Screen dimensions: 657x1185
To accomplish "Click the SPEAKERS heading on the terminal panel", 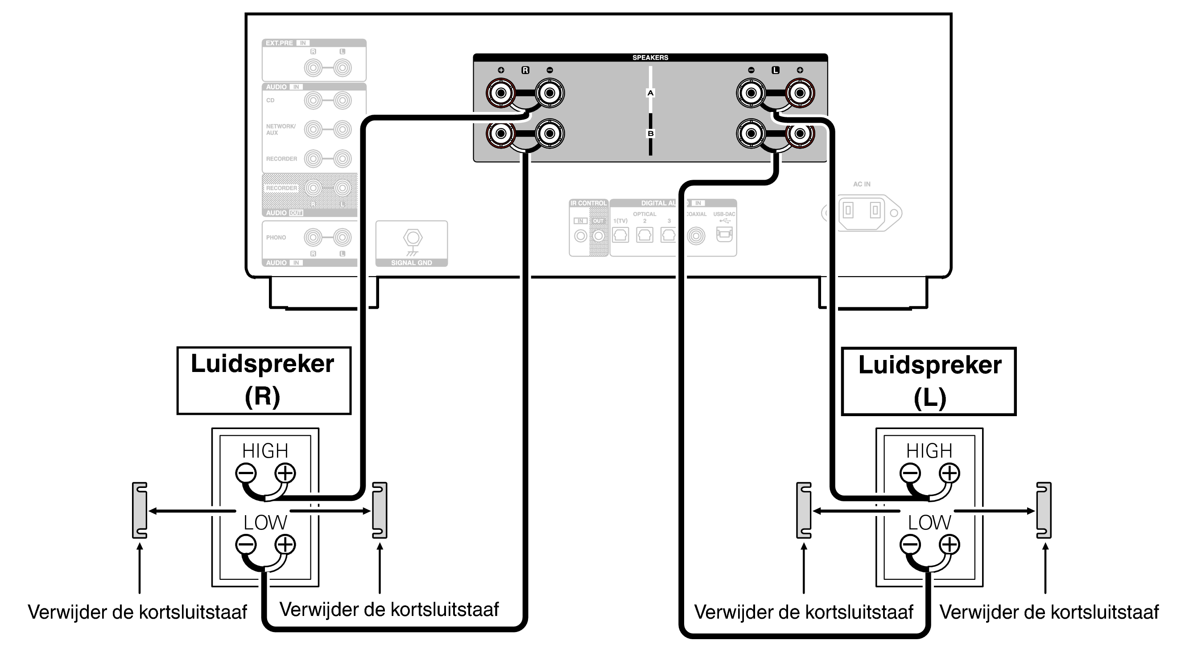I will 649,58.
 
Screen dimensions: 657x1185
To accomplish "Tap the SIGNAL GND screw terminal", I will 412,238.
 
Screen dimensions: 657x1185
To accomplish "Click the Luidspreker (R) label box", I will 264,380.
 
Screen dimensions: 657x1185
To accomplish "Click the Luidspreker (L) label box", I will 928,381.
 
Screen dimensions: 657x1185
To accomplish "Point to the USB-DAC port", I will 724,234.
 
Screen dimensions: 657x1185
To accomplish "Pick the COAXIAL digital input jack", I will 696,236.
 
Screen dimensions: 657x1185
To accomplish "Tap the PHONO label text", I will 276,237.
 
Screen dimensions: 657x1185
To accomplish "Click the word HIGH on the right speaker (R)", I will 265,450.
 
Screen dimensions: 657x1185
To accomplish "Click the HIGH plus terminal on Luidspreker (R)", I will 285,473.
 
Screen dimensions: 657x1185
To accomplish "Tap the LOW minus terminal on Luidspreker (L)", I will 910,545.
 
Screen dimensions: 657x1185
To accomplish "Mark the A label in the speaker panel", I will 650,93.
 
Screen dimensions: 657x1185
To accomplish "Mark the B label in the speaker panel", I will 650,133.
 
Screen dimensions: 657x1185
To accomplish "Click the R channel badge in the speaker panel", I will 525,70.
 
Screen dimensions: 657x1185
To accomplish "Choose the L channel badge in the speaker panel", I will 775,70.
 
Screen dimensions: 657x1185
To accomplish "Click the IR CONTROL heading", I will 588,203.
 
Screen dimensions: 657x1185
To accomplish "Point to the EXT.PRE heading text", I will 279,43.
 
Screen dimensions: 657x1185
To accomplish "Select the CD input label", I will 270,100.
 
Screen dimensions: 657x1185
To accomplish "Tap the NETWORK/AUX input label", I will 281,129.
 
